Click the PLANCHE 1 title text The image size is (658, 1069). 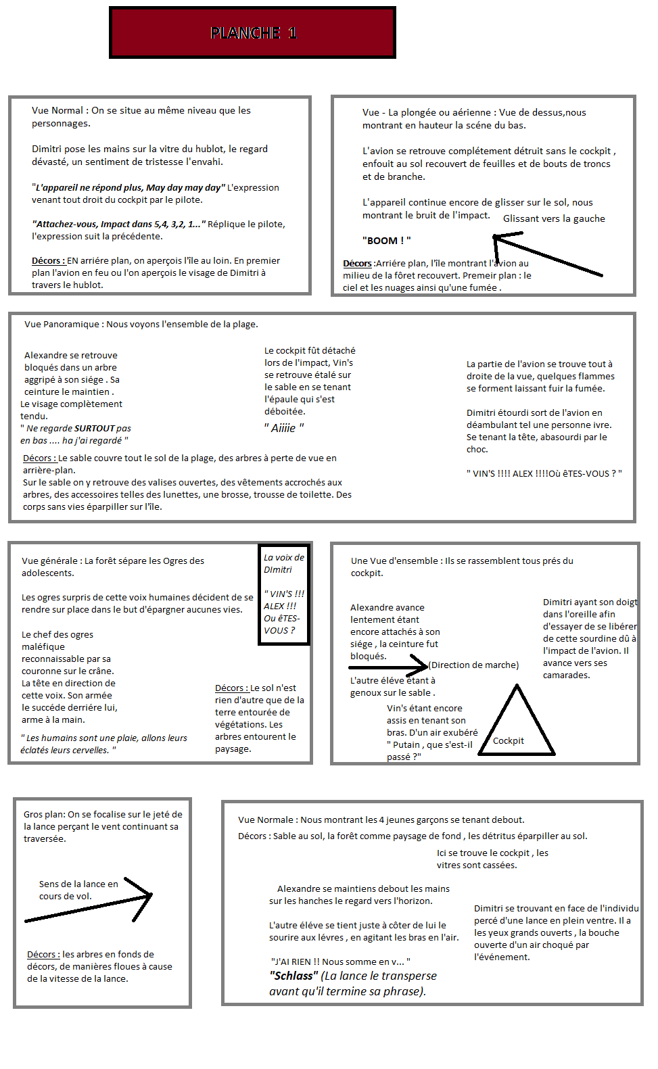point(253,32)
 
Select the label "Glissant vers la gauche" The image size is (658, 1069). point(554,218)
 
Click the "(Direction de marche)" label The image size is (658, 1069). point(474,665)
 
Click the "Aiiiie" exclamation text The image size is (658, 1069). point(284,428)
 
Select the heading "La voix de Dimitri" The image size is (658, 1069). point(284,563)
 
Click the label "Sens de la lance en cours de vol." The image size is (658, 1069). point(78,890)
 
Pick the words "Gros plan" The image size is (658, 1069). point(43,815)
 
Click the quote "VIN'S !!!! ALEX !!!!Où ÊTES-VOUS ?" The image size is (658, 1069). point(544,473)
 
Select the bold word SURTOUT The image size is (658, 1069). point(94,428)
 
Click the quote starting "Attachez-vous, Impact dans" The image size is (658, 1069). point(118,224)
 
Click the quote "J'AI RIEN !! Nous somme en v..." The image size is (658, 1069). point(340,961)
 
